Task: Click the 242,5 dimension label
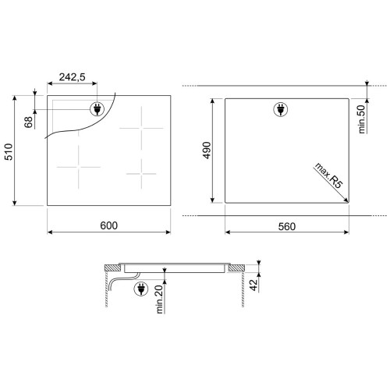pos(72,77)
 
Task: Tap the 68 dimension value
pos(29,122)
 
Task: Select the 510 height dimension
pos(9,151)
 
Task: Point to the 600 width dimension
pos(108,225)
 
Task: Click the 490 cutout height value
pos(207,150)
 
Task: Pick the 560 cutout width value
pos(287,226)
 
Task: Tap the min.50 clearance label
pos(361,119)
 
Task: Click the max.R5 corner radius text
pos(328,175)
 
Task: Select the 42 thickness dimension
pos(253,285)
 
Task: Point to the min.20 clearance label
pos(159,299)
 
